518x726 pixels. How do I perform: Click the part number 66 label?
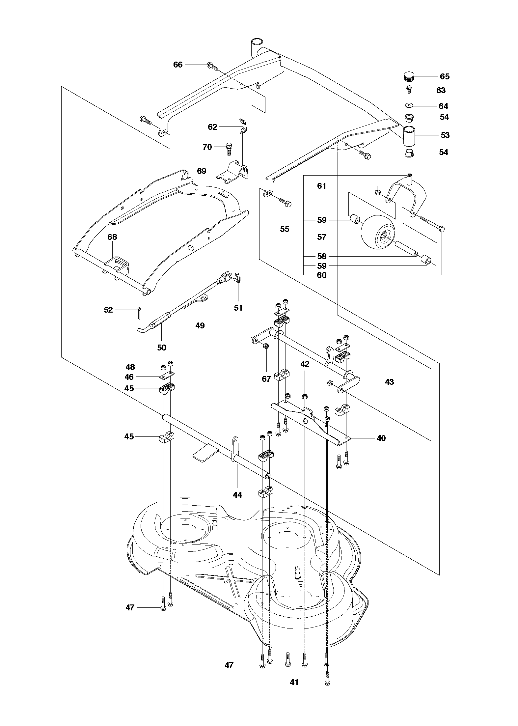coord(178,65)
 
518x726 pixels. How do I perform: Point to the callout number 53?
coord(445,135)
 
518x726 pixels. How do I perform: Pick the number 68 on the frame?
coord(112,237)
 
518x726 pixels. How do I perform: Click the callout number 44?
coord(237,504)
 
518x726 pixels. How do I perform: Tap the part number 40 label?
coord(381,438)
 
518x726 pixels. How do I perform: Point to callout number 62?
coord(212,127)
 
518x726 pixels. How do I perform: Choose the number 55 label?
coord(285,229)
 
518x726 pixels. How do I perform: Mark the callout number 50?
coord(161,348)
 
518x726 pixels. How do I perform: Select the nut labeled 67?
coord(266,346)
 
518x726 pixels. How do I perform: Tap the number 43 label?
coord(389,382)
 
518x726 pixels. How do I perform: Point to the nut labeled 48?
coord(163,368)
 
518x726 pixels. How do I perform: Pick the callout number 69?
coord(202,171)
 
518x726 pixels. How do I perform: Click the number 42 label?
coord(305,364)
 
